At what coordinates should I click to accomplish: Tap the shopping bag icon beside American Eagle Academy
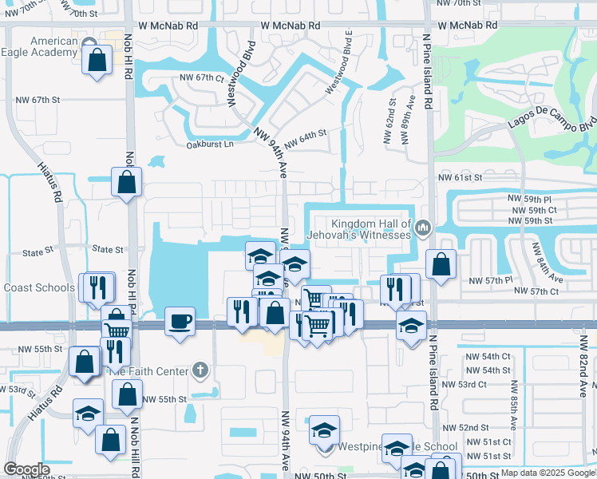tap(97, 61)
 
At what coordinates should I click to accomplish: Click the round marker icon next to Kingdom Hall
tap(422, 229)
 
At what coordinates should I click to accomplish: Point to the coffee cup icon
tap(180, 322)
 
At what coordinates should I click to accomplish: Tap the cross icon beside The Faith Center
tap(200, 370)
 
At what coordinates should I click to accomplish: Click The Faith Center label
tap(148, 370)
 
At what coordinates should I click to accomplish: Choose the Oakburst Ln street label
tap(210, 144)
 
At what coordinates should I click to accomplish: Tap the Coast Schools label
tap(39, 287)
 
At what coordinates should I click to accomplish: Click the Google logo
tap(26, 470)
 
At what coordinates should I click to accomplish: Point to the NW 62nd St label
tap(393, 117)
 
